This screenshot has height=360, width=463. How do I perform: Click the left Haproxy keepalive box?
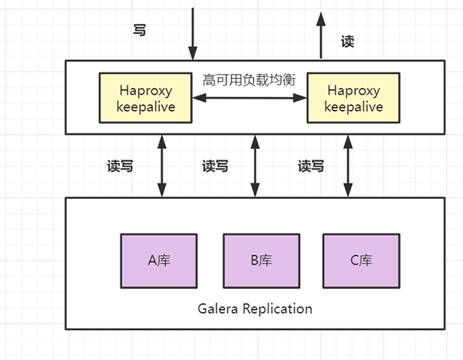point(146,97)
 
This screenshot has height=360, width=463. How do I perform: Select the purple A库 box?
point(159,260)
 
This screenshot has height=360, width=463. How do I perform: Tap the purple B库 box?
point(261,260)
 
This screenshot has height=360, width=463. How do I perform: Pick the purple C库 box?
point(361,260)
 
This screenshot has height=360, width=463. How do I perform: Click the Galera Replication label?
point(254,309)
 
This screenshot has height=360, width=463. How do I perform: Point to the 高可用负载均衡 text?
point(248,79)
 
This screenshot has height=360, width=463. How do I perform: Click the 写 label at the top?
point(140,31)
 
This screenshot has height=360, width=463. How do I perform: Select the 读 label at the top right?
point(348,42)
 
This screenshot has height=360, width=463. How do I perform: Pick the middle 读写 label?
point(215,166)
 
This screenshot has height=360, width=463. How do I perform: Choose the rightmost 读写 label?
point(311,166)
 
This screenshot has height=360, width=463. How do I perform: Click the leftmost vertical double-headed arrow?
point(162,165)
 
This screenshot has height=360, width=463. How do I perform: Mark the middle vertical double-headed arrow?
point(255,165)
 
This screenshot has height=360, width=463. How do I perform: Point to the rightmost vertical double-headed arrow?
point(348,165)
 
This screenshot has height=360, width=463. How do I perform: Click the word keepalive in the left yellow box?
point(146,107)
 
